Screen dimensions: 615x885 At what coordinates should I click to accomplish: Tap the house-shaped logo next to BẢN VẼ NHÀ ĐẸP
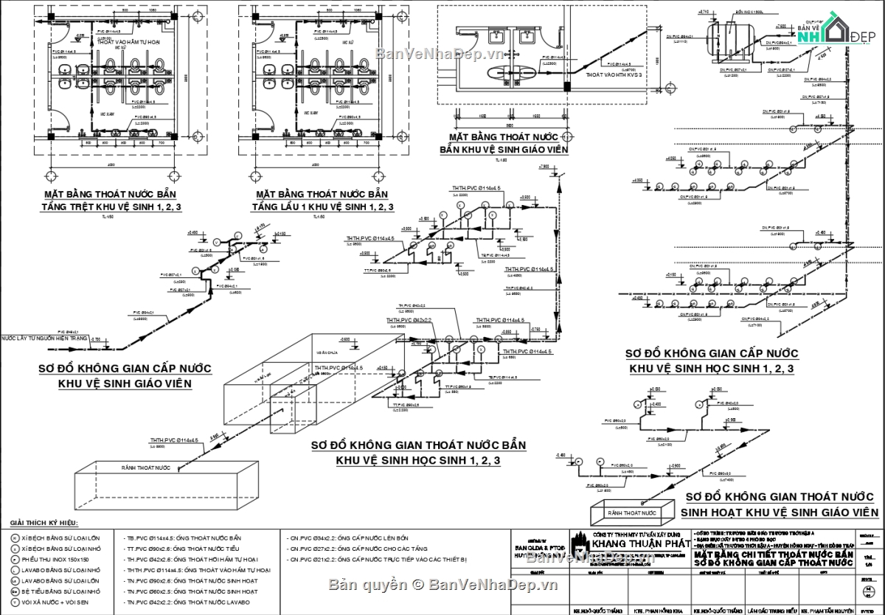tap(836, 30)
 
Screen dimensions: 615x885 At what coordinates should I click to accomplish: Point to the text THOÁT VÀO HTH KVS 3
tap(614, 75)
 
